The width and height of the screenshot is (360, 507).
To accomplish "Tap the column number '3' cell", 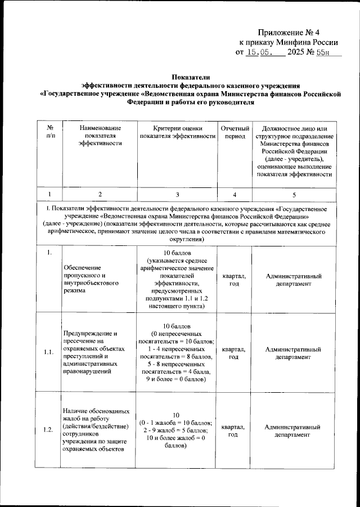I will click(x=177, y=194).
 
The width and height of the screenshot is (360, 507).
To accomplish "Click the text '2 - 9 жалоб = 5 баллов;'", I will click(x=177, y=430).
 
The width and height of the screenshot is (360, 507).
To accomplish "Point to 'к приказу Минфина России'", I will click(x=289, y=42).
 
